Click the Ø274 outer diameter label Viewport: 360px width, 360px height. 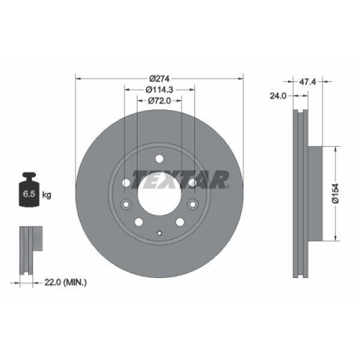(159, 78)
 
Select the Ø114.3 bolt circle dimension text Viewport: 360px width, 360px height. (159, 89)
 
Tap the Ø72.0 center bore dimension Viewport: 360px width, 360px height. (159, 100)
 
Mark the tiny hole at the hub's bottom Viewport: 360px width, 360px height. (159, 233)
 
